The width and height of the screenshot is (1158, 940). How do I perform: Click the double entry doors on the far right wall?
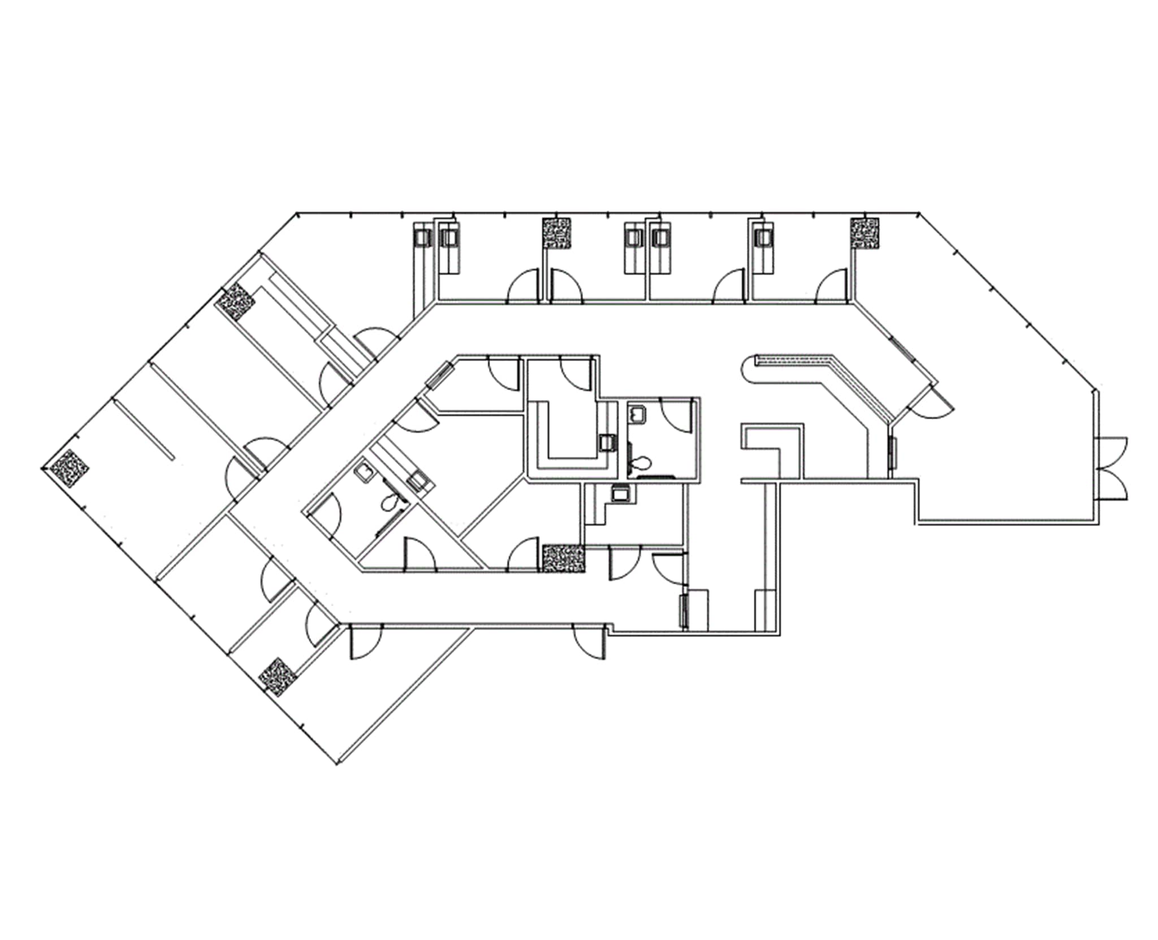(x=1110, y=468)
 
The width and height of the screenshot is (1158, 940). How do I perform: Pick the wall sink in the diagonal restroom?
(x=362, y=474)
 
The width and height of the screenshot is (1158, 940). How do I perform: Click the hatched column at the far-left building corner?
(x=69, y=468)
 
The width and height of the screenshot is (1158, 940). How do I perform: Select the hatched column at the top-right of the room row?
(x=865, y=233)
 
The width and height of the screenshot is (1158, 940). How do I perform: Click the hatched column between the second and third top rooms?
(x=557, y=233)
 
